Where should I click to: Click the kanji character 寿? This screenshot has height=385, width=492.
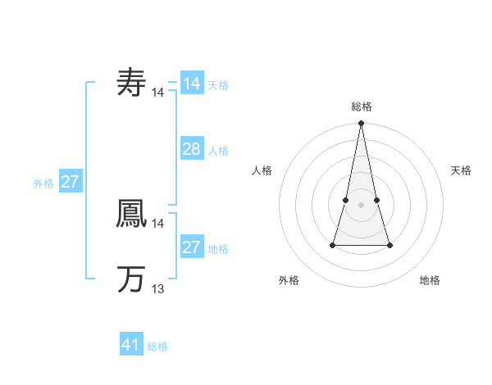131,83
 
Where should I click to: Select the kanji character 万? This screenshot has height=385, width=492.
131,279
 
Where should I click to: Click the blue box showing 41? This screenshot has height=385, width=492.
131,345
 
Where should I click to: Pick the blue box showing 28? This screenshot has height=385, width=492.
191,149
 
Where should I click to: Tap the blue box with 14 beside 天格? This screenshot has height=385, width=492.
191,84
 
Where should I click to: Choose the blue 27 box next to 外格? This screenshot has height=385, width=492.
70,182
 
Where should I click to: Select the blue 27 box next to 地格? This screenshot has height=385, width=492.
191,247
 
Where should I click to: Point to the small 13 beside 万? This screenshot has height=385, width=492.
158,288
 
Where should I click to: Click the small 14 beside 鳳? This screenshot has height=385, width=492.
158,223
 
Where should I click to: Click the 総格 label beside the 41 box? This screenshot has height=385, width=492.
157,346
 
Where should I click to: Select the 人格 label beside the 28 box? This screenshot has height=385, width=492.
218,151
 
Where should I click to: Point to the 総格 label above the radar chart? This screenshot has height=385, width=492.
361,106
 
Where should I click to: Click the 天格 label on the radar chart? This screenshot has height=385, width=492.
461,170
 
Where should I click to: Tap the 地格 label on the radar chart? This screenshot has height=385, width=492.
430,280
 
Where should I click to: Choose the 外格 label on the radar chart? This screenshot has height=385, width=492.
289,280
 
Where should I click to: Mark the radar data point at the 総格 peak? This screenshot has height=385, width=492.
361,123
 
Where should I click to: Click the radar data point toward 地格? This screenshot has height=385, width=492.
389,245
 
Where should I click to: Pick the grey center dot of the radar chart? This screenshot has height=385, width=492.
361,204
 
